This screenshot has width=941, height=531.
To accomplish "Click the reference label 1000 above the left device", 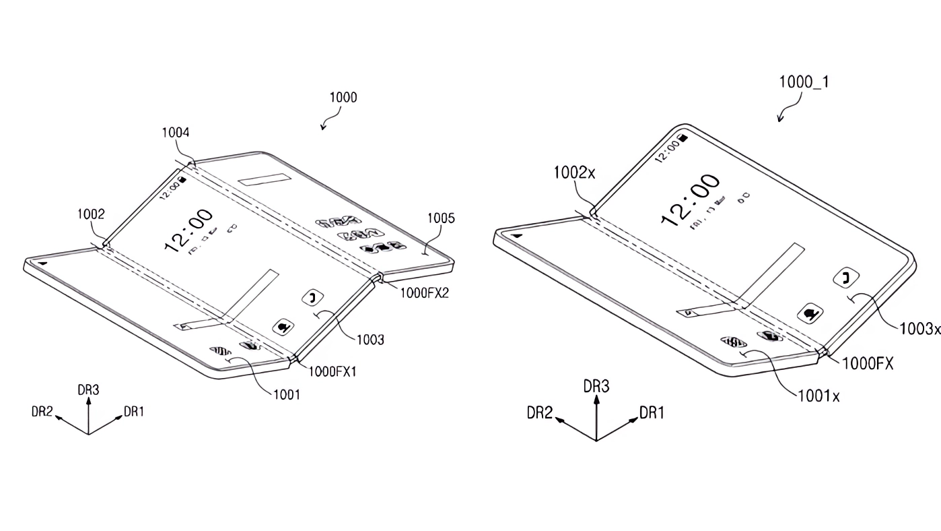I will pos(343,98).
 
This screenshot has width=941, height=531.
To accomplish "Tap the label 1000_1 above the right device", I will pos(804,82).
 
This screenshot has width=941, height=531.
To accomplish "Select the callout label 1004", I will pos(176,133).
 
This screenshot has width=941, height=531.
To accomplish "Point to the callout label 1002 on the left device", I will pos(91,215).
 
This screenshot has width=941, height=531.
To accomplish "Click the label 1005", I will pos(441,218).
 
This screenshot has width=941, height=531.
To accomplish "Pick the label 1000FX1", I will pos(336,371).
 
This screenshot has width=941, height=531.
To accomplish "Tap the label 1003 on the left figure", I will pos(371,340).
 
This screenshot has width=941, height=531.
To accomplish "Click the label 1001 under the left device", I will pos(286,395).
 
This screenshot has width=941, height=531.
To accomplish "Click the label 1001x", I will pos(818,396).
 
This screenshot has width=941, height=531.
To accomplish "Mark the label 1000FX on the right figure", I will pos(867,363).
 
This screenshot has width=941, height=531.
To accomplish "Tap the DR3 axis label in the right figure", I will pos(596,386).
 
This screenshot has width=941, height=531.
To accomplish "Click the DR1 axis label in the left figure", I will pos(134,411).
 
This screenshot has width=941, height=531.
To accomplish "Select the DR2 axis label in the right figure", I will pos(540,413).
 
